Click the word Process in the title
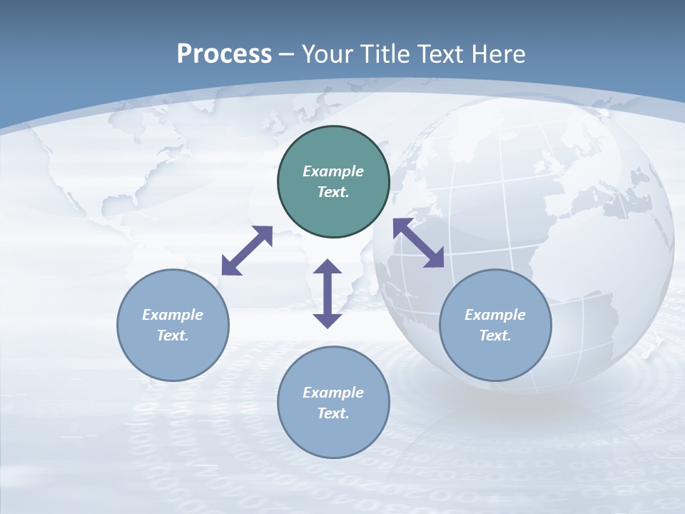pyautogui.click(x=224, y=54)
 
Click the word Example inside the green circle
pyautogui.click(x=333, y=171)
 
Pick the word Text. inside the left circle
pyautogui.click(x=173, y=336)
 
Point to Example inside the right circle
pyautogui.click(x=495, y=315)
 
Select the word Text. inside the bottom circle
pyautogui.click(x=333, y=413)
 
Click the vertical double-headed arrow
pyautogui.click(x=328, y=293)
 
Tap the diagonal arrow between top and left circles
pyautogui.click(x=247, y=251)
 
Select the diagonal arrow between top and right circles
pyautogui.click(x=419, y=243)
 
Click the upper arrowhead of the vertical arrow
pyautogui.click(x=328, y=267)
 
